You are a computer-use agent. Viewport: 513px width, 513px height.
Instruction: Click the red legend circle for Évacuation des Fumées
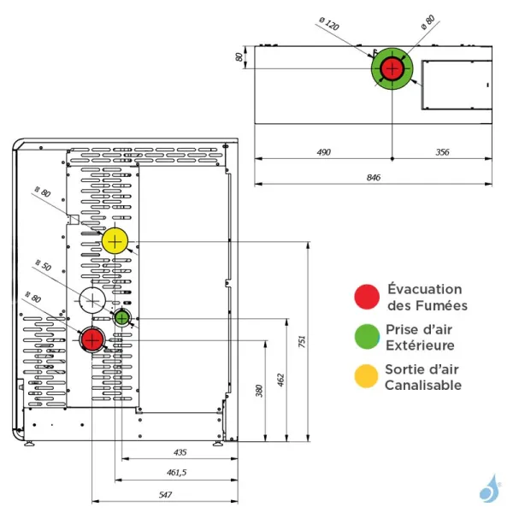tap(368, 296)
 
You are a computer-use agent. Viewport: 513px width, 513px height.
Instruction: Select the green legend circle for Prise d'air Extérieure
tap(368, 336)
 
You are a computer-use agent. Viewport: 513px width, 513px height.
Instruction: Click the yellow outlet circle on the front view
tap(115, 241)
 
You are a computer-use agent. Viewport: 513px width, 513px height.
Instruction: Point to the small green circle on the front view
tap(122, 318)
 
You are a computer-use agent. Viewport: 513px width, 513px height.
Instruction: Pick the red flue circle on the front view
tap(91, 339)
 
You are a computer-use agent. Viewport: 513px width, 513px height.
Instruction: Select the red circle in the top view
tap(392, 69)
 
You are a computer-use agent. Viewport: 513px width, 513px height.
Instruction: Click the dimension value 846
tap(374, 177)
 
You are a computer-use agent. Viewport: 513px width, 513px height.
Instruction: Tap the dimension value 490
tap(323, 151)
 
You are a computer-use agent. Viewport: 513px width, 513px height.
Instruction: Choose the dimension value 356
tap(441, 151)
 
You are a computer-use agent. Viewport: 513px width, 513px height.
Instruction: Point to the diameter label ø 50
tap(43, 267)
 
